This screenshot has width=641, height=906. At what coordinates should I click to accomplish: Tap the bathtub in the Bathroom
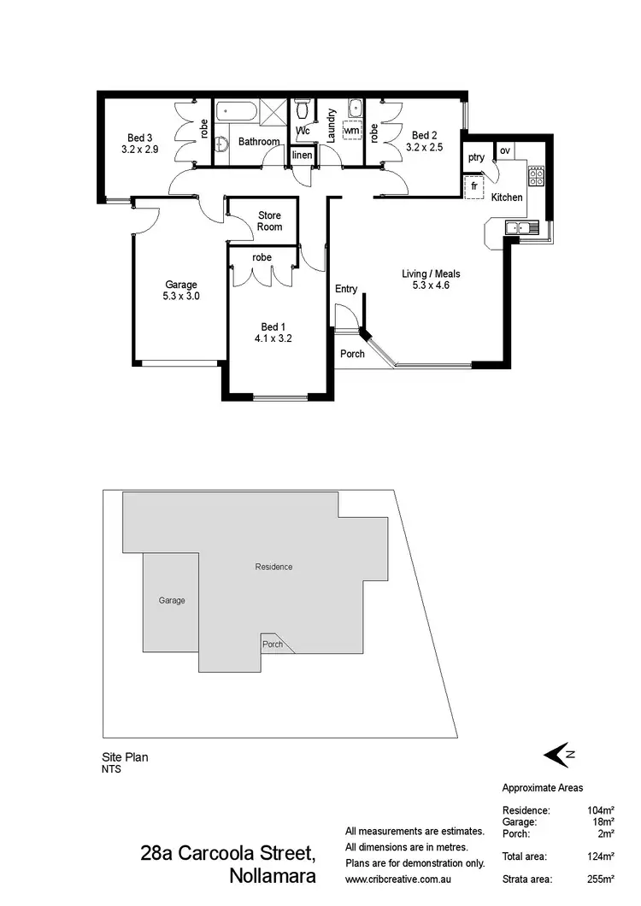[235, 110]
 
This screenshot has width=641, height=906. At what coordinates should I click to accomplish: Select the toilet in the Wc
[302, 109]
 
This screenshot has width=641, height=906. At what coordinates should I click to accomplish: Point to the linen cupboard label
[302, 156]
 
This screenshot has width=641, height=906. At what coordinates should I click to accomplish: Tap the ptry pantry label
[476, 157]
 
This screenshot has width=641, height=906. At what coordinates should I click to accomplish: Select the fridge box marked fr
[473, 185]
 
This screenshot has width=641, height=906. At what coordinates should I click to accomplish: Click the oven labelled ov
[505, 150]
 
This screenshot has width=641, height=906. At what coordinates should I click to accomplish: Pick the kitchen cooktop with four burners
[537, 176]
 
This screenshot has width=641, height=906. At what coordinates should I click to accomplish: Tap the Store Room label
[270, 221]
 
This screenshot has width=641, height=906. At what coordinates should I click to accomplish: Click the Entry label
[346, 289]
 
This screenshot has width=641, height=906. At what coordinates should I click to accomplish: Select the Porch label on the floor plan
[352, 354]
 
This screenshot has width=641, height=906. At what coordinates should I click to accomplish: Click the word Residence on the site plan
[273, 567]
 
